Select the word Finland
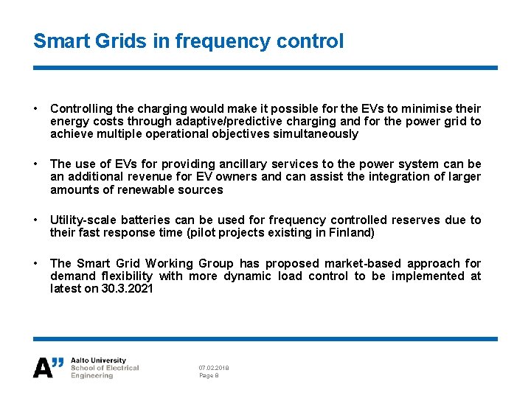tap(350, 233)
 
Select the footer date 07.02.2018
tap(213, 367)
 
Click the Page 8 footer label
tap(209, 376)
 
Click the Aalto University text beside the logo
tap(98, 360)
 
